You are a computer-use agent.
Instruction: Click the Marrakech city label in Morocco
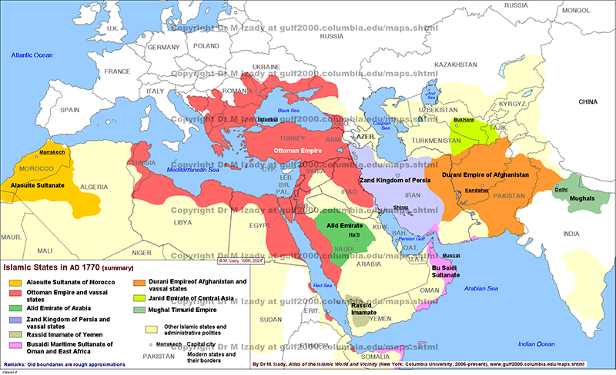point(52,153)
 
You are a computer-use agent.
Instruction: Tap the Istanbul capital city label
point(267,120)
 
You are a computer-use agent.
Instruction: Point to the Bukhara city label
point(464,121)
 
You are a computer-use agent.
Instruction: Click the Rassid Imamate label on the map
point(365,307)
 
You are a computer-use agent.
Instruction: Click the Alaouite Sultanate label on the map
point(36,185)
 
